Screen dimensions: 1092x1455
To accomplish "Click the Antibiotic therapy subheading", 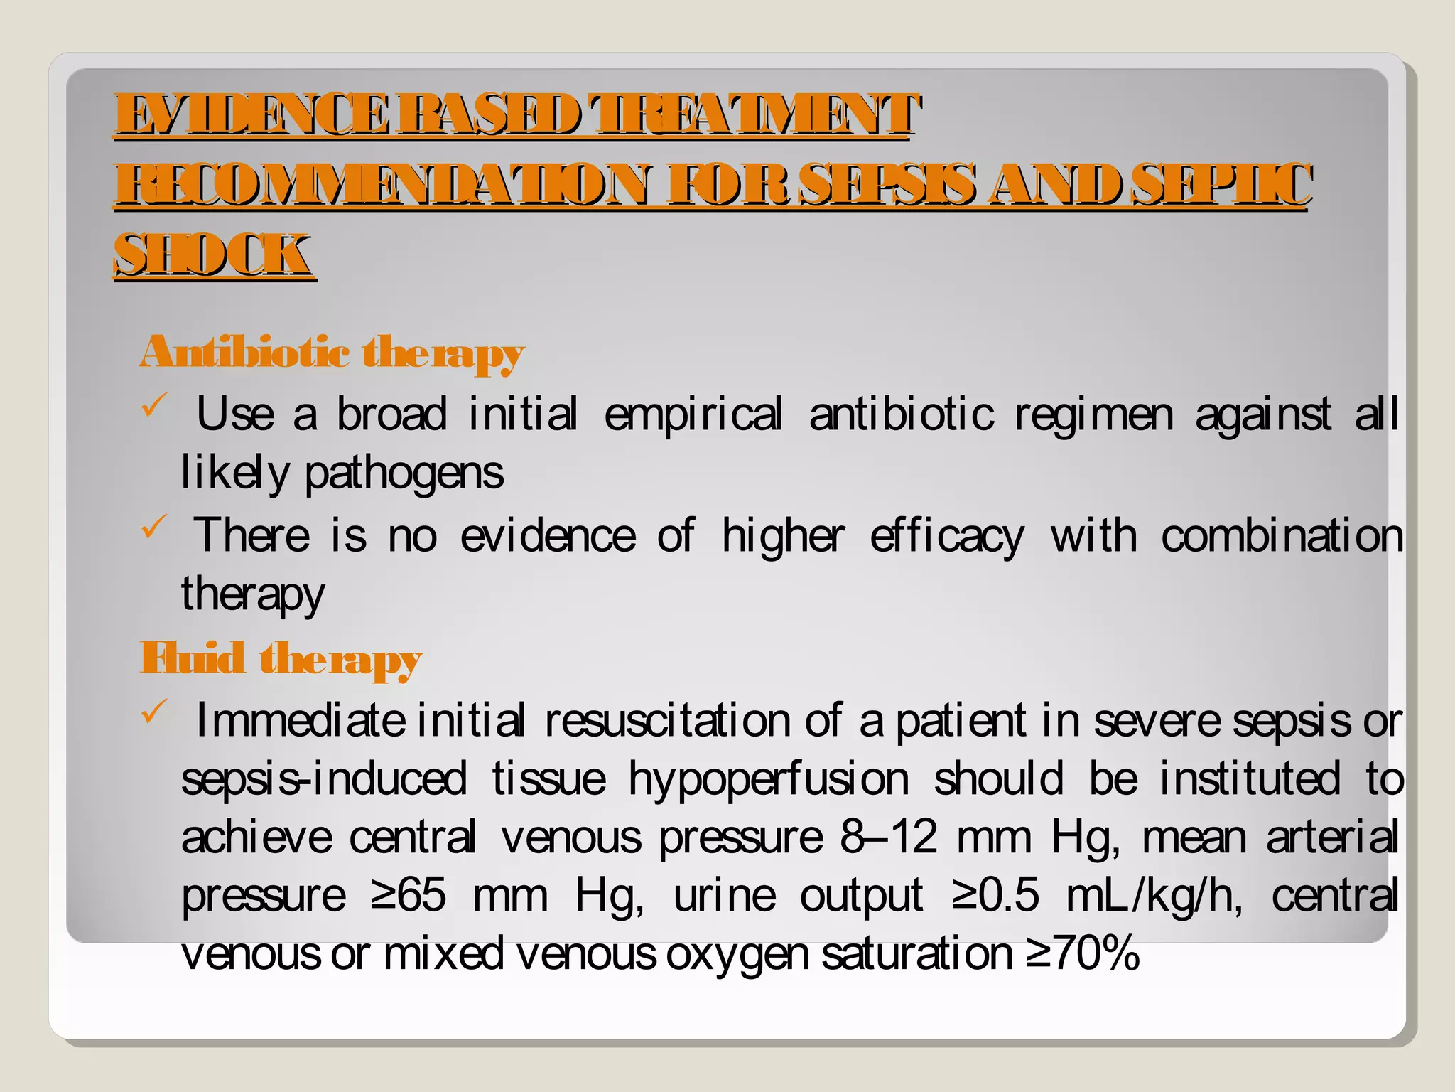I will coord(332,353).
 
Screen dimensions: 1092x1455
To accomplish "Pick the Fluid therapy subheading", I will coord(281,658).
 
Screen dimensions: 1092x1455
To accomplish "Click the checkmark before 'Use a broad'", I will coord(153,406).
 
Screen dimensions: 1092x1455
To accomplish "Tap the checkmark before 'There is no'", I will coord(153,527).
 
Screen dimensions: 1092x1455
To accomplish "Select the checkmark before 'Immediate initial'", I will coord(153,712).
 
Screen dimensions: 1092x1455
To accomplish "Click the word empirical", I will coord(693,414).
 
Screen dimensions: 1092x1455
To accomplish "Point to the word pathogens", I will coord(404,473).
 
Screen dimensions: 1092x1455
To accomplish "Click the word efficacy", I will coord(946,536).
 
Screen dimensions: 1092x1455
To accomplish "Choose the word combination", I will coord(1282,536).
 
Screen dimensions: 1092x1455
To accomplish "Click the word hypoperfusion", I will coord(768,779).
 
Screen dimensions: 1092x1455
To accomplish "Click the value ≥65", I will coord(409,895).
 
